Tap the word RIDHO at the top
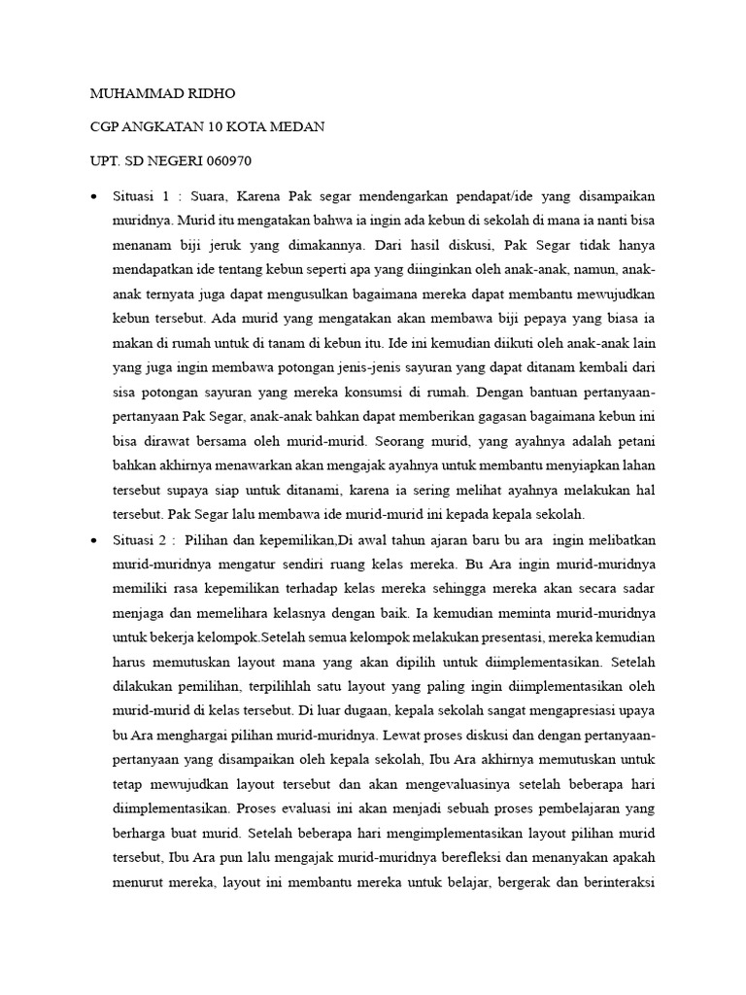tap(207, 94)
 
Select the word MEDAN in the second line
tap(298, 127)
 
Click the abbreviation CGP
tap(106, 127)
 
